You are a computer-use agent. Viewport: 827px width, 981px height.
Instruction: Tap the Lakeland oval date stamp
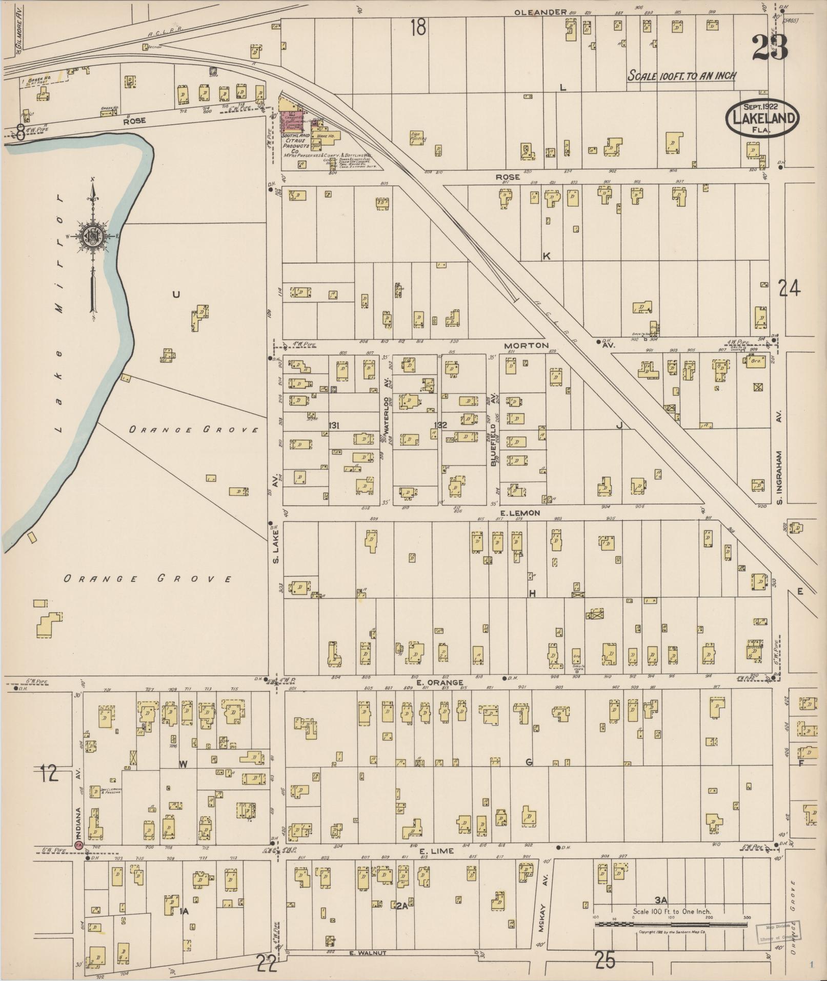[x=762, y=118]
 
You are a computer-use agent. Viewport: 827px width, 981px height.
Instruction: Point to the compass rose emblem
[x=93, y=236]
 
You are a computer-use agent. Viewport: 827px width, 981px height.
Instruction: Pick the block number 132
[x=440, y=425]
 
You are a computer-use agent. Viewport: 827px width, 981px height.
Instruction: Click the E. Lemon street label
[x=519, y=512]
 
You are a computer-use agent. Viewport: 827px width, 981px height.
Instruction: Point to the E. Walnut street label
[x=367, y=953]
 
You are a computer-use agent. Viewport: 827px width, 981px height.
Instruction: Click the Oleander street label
[x=540, y=12]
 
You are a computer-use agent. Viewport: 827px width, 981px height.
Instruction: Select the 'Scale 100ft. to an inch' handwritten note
[x=682, y=76]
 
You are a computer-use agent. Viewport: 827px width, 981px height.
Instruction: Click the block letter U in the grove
[x=176, y=294]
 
